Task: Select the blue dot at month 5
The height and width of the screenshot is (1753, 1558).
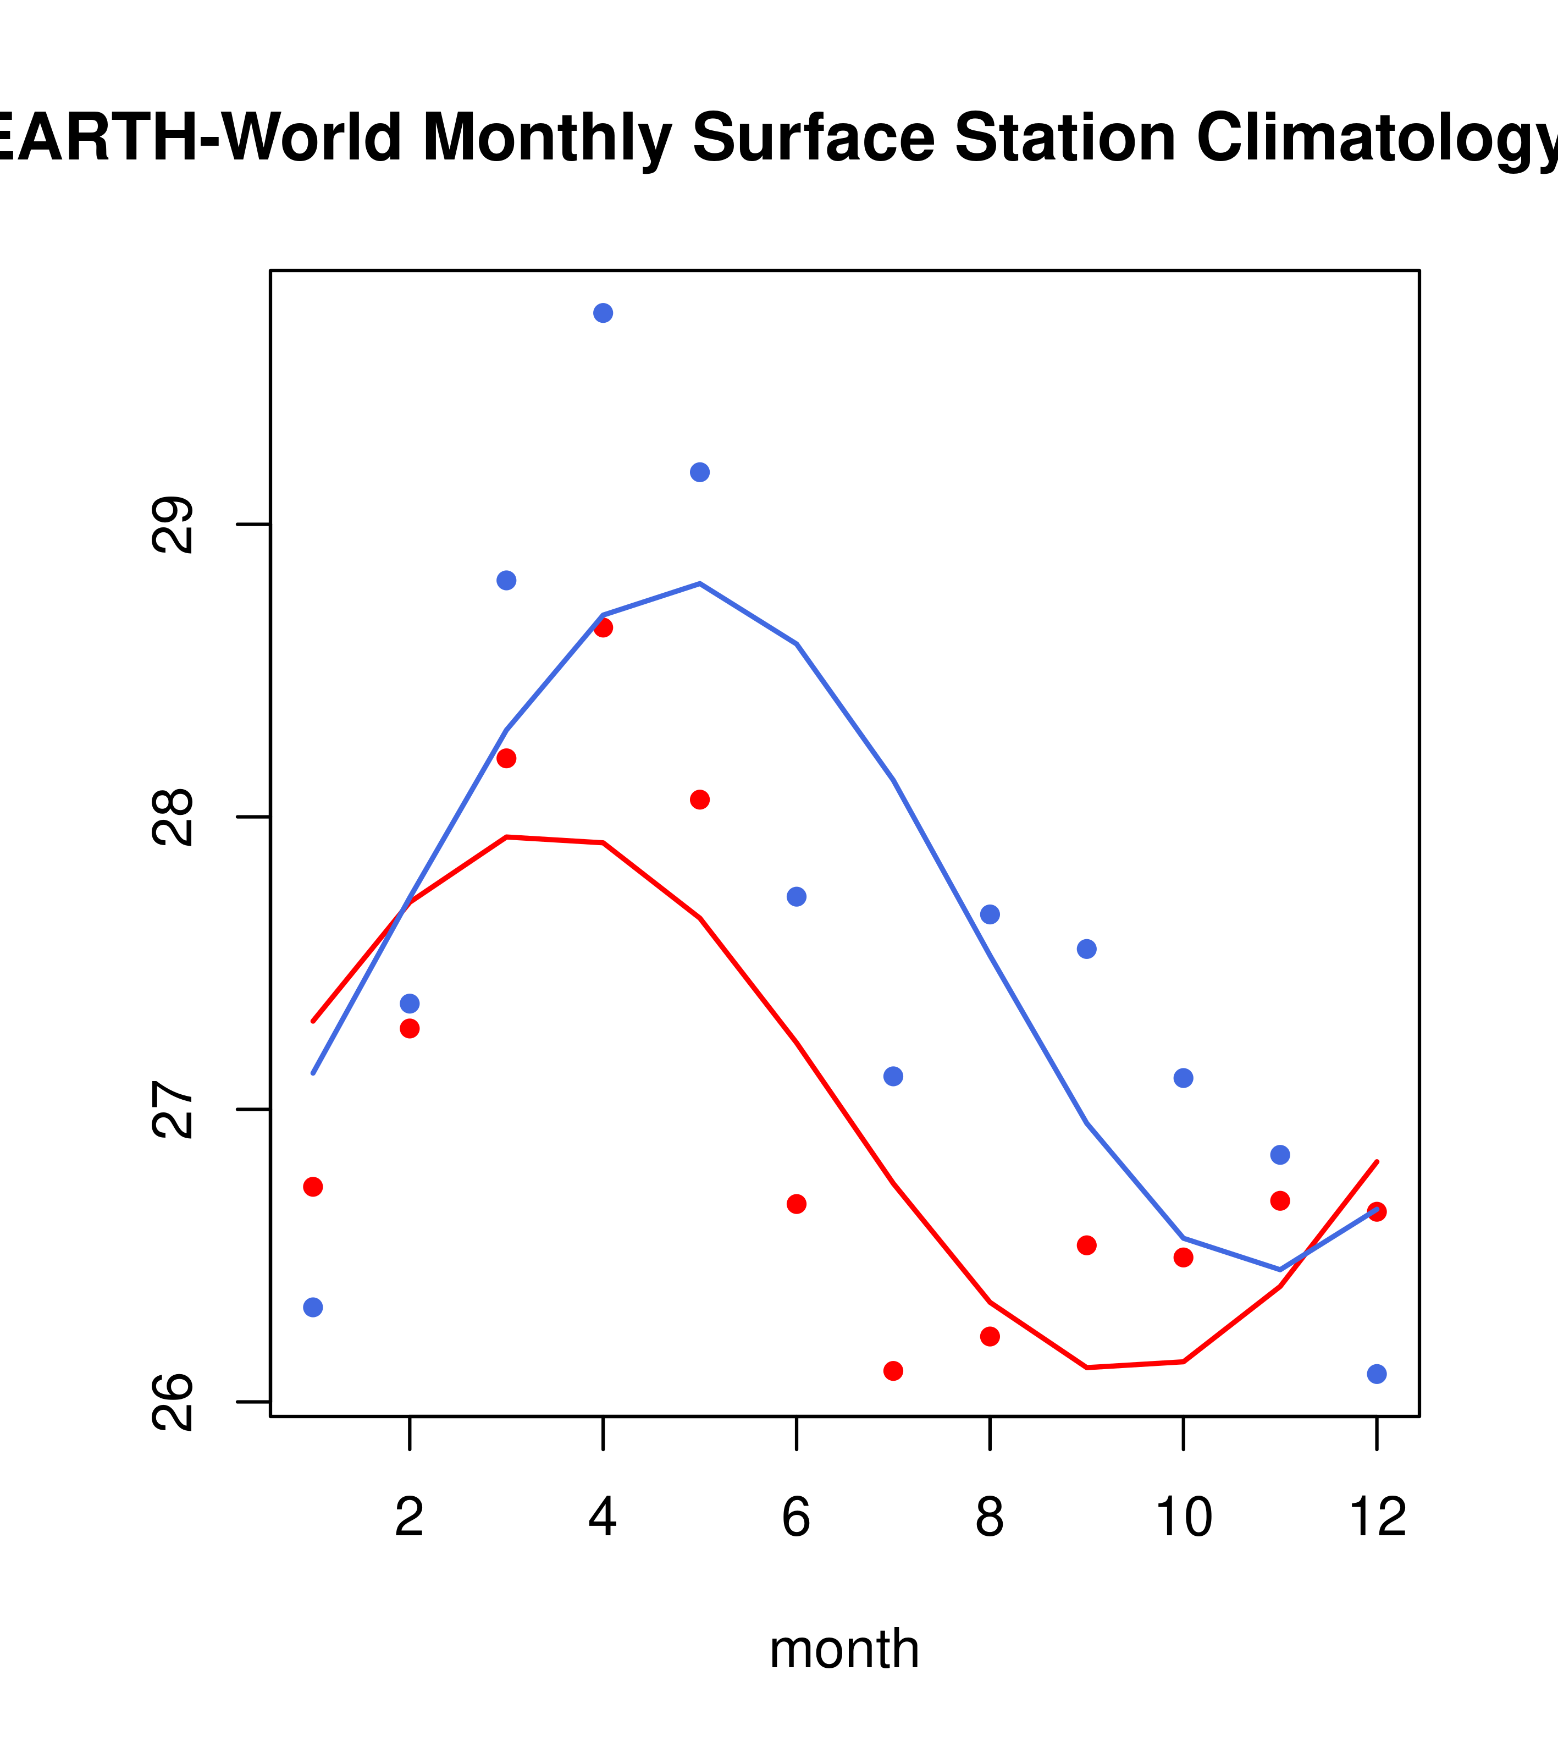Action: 700,472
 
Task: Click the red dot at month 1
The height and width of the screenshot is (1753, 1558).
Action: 313,1187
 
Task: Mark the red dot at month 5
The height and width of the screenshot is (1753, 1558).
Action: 700,800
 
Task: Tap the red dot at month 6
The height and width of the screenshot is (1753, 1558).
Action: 797,1204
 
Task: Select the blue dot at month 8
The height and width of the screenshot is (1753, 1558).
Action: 990,914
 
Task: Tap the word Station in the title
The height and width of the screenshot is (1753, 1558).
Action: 1065,138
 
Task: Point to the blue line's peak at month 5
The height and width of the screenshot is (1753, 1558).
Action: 700,583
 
